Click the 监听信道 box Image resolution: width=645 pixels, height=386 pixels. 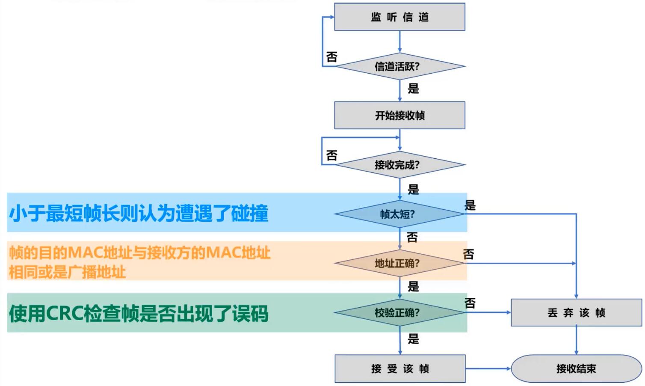coord(399,17)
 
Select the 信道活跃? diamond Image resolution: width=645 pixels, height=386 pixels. coord(399,67)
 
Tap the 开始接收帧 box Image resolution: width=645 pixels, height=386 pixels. coord(399,116)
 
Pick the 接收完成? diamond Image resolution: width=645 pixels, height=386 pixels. coord(399,165)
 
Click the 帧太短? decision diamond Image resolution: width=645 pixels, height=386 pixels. coord(399,214)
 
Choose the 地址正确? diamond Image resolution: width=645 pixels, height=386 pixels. coord(399,263)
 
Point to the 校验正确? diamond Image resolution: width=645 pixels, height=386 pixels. coord(399,313)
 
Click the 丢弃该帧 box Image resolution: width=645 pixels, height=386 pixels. coord(576,313)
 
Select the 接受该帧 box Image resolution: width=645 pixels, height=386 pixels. coord(399,368)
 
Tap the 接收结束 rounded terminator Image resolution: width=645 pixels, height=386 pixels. coord(576,368)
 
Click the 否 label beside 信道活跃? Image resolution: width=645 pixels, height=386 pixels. coord(332,57)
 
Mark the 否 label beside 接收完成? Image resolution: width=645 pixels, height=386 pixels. coord(332,155)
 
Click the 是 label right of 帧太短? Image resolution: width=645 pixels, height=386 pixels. coord(470,205)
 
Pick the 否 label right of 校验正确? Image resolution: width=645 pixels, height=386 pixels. coord(470,303)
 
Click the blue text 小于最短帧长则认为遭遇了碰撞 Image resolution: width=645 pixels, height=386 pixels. coord(139,213)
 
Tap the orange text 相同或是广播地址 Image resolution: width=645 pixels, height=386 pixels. coord(67,272)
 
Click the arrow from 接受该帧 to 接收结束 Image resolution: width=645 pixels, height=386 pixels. coord(488,368)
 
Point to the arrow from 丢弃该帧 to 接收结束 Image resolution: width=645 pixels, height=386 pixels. coord(576,340)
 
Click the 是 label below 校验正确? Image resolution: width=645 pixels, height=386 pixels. coord(413,339)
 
